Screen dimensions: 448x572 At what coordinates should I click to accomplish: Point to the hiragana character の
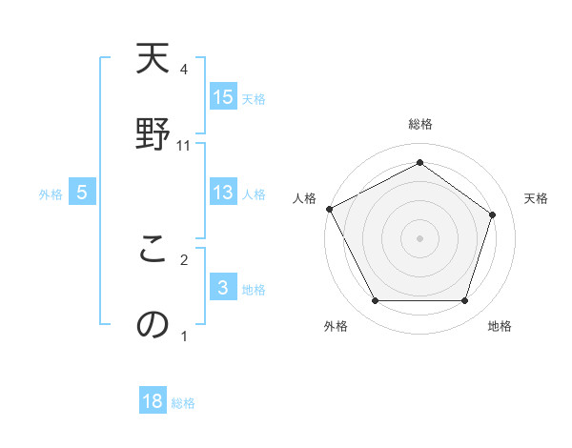point(153,324)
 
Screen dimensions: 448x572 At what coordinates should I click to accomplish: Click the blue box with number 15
point(223,97)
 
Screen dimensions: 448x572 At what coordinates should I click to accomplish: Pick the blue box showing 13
point(223,193)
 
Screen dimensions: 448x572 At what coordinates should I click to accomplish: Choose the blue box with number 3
point(223,288)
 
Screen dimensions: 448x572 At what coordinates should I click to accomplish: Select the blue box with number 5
point(82,193)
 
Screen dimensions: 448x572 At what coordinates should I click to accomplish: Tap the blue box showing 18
point(153,401)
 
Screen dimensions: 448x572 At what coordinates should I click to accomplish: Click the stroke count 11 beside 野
point(184,146)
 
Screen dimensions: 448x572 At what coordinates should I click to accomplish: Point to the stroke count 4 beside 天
point(184,70)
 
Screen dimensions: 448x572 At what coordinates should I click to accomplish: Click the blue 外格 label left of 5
point(51,194)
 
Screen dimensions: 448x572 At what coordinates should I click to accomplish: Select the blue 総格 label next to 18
point(183,403)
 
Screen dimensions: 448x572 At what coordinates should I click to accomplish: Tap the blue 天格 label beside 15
point(254,99)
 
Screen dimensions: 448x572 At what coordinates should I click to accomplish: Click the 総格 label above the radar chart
point(420,124)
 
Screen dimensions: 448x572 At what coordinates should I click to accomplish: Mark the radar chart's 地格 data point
point(465,301)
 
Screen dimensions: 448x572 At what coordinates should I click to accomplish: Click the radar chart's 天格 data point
point(493,214)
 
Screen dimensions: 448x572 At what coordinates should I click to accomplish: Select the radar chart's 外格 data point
point(375,301)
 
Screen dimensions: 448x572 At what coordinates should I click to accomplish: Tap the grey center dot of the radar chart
point(420,237)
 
